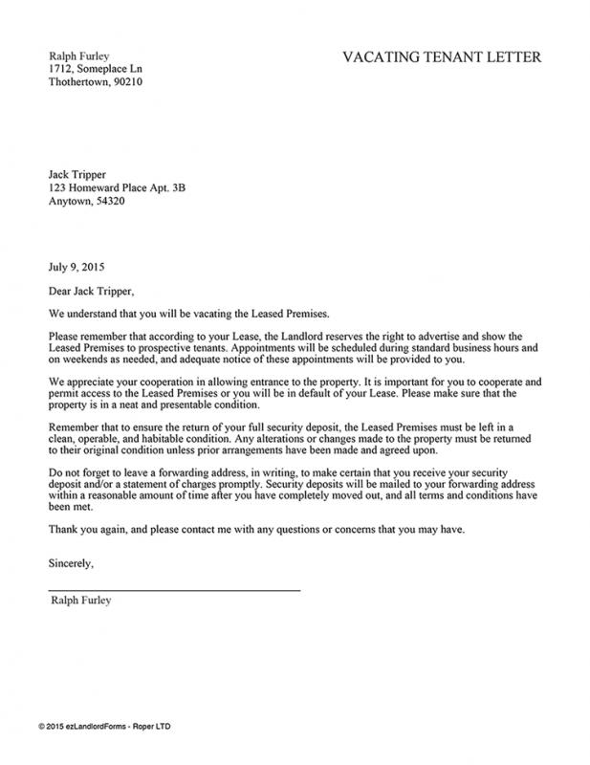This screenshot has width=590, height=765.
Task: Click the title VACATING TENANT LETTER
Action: click(441, 58)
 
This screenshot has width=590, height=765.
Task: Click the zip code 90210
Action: click(128, 83)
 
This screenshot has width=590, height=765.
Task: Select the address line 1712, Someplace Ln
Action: click(96, 70)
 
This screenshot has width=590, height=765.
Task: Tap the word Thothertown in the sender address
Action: click(78, 83)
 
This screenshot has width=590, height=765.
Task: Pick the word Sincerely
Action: click(72, 563)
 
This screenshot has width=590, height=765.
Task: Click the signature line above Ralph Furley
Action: click(173, 590)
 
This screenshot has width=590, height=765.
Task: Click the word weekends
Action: click(89, 360)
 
